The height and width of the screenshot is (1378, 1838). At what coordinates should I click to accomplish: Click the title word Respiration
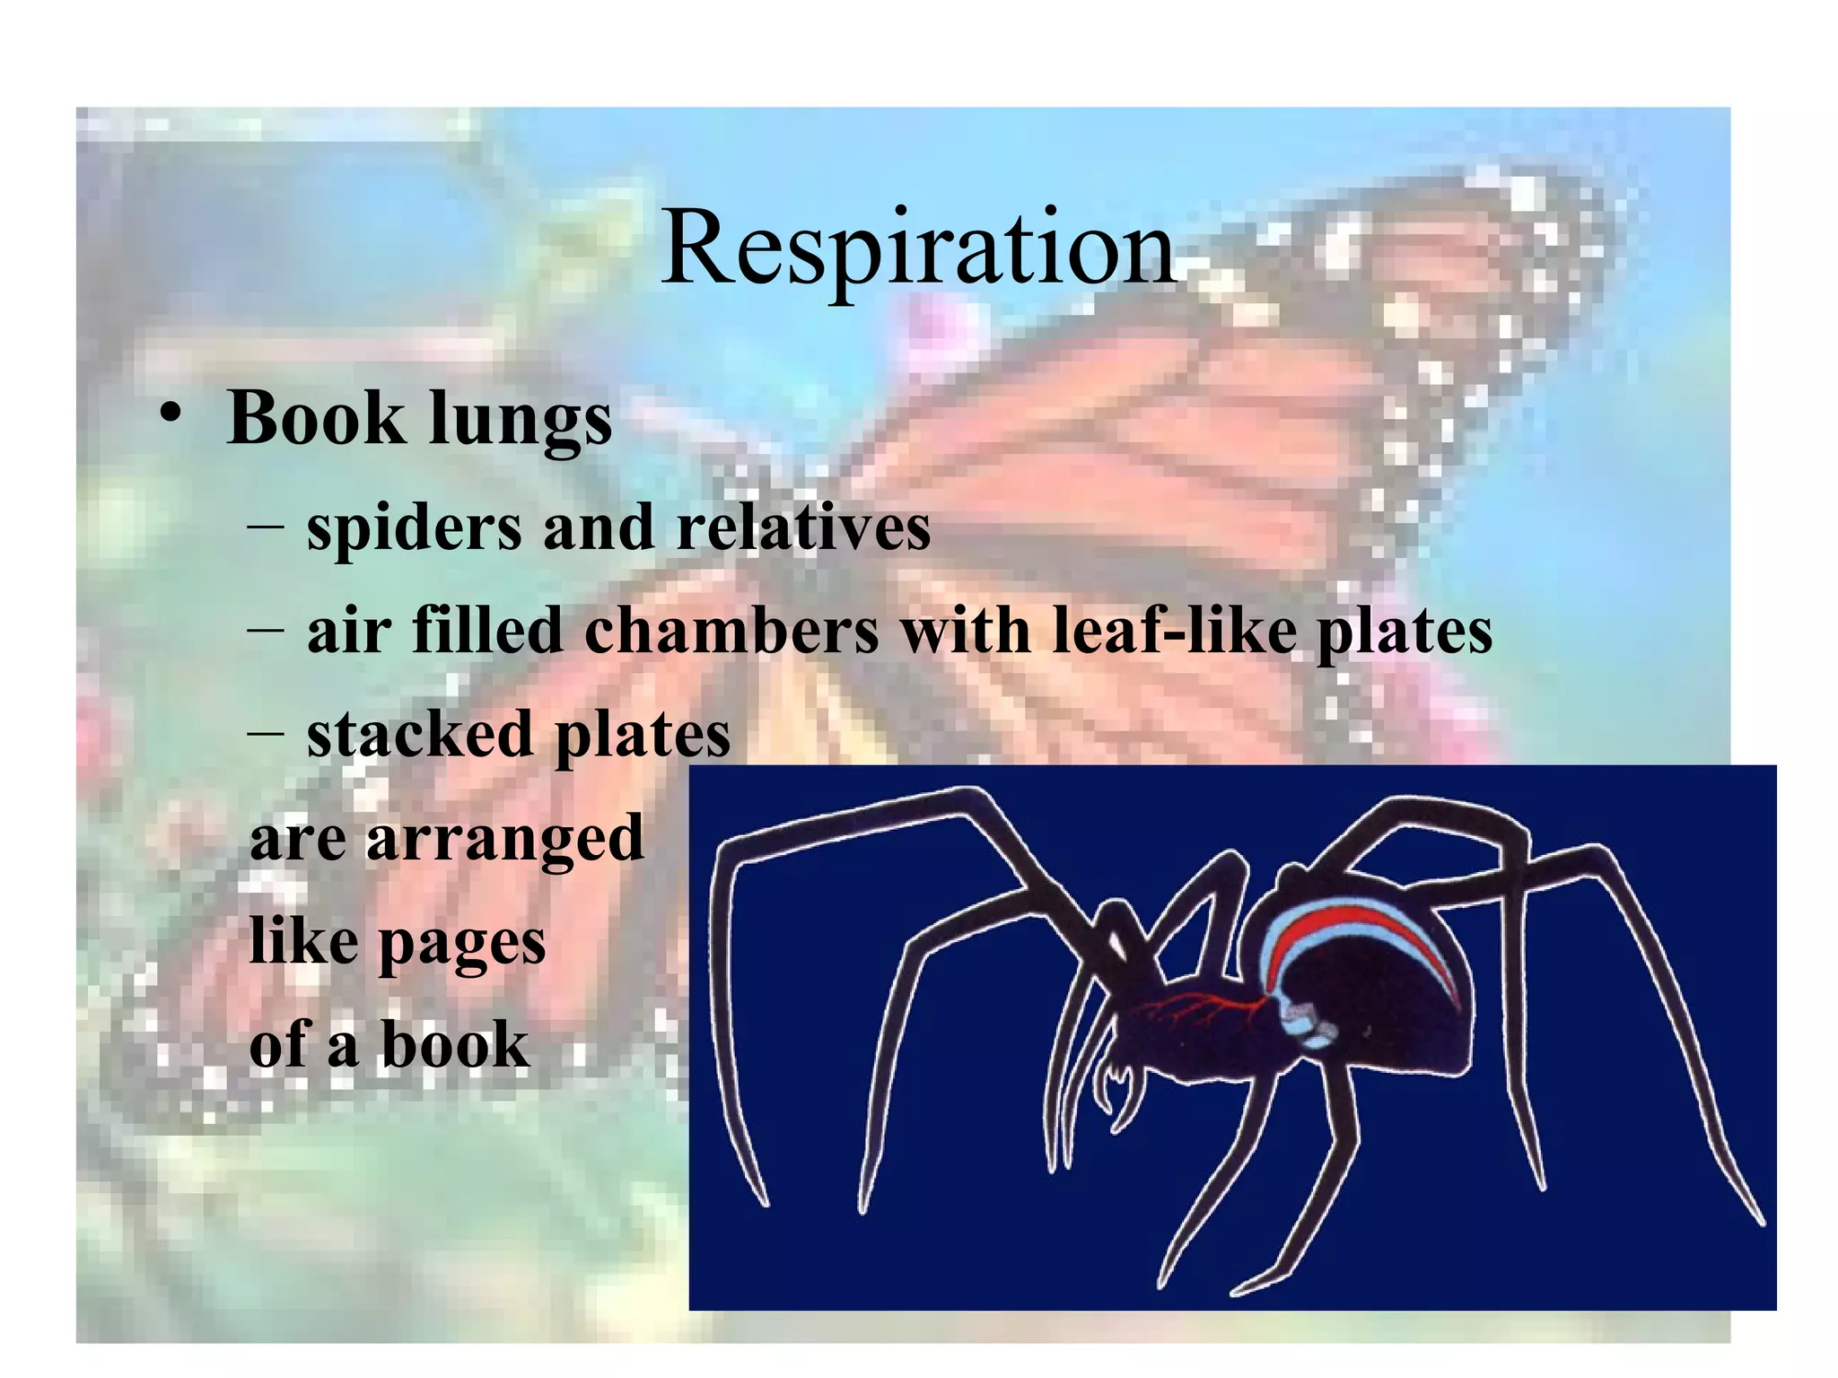click(917, 247)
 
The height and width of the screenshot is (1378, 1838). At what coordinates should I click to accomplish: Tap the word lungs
click(521, 422)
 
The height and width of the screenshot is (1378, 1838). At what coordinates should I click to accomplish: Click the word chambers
click(731, 631)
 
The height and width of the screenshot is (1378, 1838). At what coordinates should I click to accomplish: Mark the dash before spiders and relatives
click(266, 527)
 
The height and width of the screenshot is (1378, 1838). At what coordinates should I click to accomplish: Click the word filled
click(487, 631)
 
